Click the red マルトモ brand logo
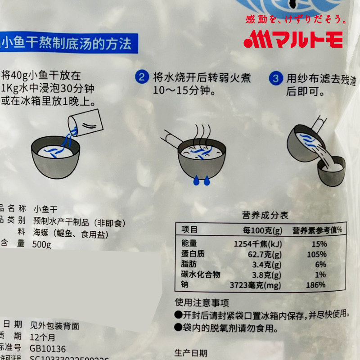click(293, 39)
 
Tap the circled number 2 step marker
click(141, 77)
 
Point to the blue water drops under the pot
click(201, 180)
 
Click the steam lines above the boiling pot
click(202, 133)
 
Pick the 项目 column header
click(189, 229)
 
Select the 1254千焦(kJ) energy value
click(258, 244)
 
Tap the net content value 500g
click(42, 244)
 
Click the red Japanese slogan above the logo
click(296, 19)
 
